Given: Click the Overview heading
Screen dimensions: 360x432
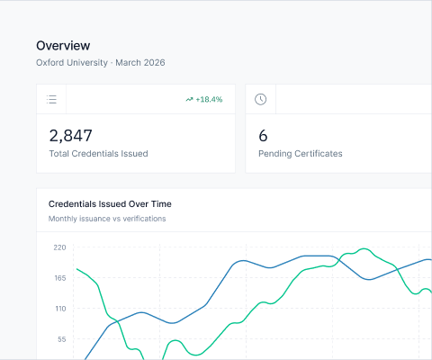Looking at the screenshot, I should click(63, 46).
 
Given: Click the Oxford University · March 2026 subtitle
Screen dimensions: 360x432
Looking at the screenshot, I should click(100, 63).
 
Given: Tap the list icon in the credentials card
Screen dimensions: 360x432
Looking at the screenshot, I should click(52, 99).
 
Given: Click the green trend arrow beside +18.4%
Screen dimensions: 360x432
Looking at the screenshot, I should click(189, 99).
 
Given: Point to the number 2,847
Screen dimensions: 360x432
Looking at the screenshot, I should click(70, 136).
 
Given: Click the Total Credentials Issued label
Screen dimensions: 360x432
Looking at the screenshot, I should click(98, 154).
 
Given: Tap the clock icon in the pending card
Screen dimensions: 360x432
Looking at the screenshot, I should click(260, 99).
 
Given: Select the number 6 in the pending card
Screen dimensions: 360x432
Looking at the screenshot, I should click(263, 136).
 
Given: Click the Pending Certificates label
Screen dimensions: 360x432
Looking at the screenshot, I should click(300, 154).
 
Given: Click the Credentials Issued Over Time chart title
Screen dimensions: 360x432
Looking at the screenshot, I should click(110, 203).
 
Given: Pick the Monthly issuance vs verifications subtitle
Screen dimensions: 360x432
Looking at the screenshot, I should click(107, 219).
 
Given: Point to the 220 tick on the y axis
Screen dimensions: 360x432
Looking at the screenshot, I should click(59, 247).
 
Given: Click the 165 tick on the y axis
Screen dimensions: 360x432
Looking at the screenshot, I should click(59, 277).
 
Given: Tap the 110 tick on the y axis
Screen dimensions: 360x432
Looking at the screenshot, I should click(59, 308).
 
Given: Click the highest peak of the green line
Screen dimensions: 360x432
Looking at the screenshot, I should click(364, 248).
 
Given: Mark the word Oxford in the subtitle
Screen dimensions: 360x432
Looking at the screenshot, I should click(50, 63).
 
